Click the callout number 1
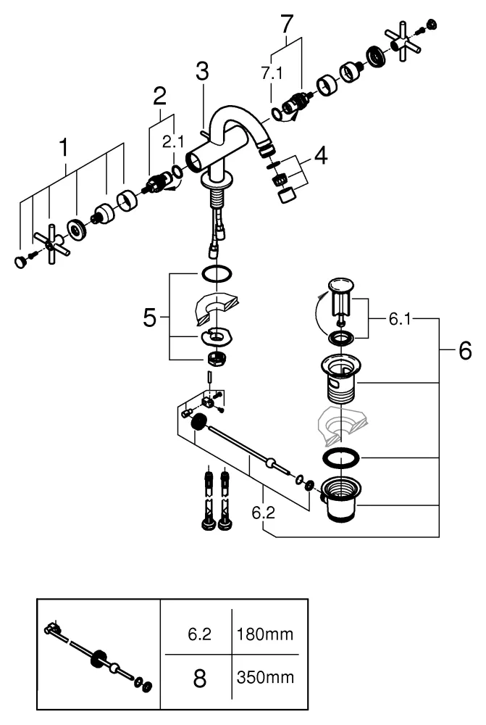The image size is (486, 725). click(x=64, y=148)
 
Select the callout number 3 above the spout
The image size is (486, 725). click(x=201, y=72)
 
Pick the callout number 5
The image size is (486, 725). click(x=149, y=318)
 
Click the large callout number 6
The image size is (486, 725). click(x=464, y=352)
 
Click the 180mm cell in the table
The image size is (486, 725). click(x=264, y=635)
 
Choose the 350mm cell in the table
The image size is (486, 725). click(x=264, y=679)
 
